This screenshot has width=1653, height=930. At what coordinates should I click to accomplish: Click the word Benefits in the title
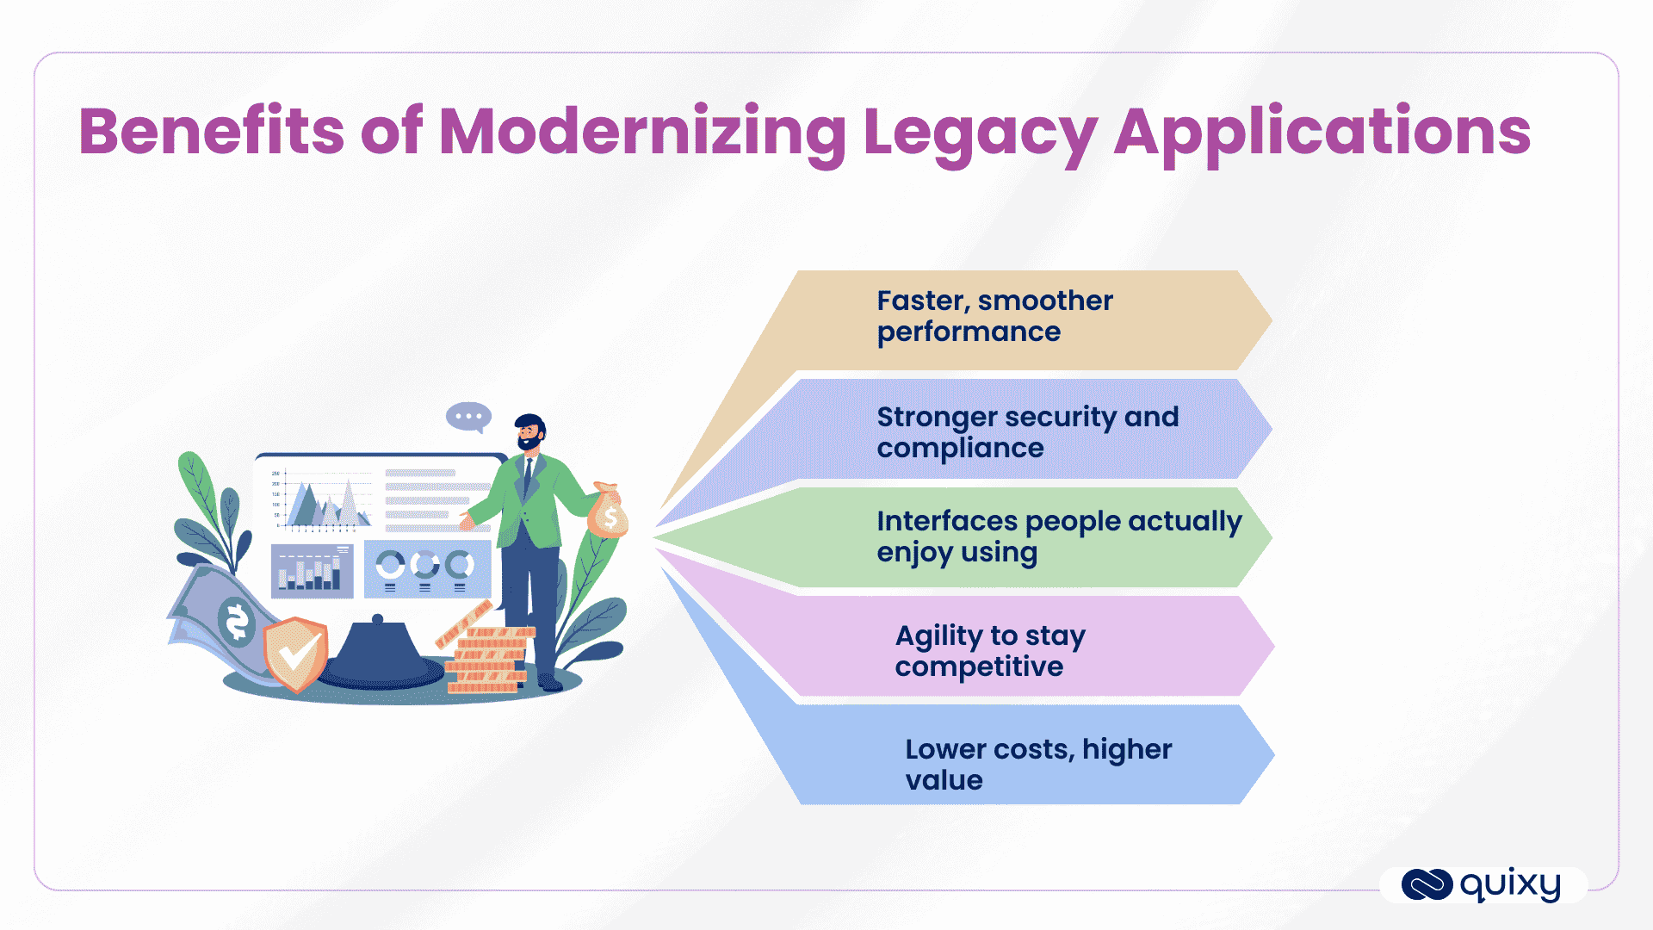pyautogui.click(x=211, y=132)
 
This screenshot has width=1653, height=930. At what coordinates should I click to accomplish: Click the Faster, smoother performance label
pyautogui.click(x=994, y=316)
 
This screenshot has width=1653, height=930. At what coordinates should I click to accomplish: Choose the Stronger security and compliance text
pyautogui.click(x=1027, y=432)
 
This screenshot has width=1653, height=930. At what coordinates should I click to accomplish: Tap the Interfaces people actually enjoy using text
pyautogui.click(x=1058, y=536)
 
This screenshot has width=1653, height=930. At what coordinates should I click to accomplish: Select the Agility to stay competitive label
pyautogui.click(x=989, y=651)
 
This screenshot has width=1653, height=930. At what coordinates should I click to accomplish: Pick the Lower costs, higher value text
pyautogui.click(x=1037, y=765)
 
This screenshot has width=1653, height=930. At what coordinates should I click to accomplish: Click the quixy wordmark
pyautogui.click(x=1510, y=885)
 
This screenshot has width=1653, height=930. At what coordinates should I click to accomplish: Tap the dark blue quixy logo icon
pyautogui.click(x=1427, y=885)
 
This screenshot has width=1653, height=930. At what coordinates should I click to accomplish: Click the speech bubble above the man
pyautogui.click(x=468, y=417)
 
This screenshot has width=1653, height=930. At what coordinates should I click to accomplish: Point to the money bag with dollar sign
pyautogui.click(x=609, y=513)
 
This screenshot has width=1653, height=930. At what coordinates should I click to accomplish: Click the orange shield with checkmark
pyautogui.click(x=295, y=654)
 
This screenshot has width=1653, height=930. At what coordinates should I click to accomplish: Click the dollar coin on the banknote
pyautogui.click(x=237, y=621)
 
